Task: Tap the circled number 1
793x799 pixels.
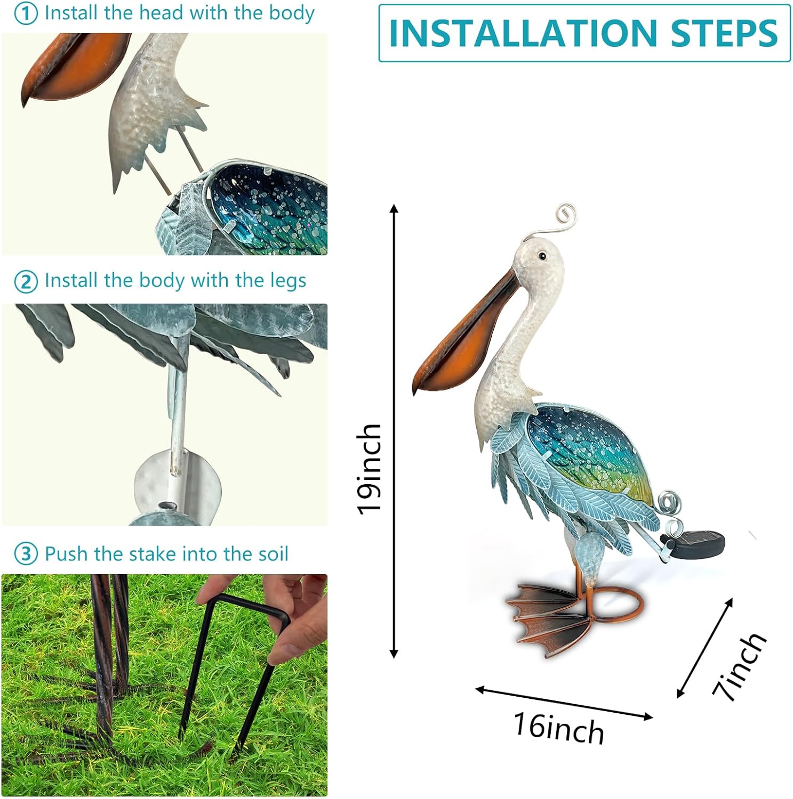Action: point(26,14)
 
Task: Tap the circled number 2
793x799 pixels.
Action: point(26,282)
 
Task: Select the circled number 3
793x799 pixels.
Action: point(26,555)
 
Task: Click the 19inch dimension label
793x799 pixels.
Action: point(369,469)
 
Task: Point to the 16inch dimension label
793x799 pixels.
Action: point(559,728)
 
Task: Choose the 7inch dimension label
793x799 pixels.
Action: point(739,666)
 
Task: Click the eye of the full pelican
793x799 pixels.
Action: point(542,256)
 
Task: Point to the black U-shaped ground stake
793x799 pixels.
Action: point(235,666)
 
